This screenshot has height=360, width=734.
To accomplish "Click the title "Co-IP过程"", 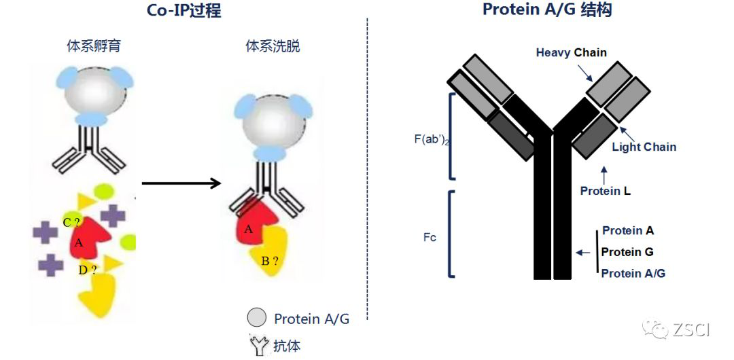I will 183,10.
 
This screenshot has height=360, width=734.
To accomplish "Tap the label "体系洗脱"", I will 273,47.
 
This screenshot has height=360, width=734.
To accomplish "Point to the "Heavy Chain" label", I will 571,52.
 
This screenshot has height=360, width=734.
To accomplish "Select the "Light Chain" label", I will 644,147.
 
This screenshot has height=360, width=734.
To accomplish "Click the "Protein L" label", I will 605,191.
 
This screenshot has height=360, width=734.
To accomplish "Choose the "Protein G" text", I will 627,252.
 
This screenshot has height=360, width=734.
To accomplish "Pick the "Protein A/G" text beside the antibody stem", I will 633,273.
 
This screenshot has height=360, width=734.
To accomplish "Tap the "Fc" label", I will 430,238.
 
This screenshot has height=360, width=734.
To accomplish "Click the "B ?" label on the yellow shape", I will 269,259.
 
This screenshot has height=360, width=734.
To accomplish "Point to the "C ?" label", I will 71,222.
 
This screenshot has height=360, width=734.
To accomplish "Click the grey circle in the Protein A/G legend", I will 256,318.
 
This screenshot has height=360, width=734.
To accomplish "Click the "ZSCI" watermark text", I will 691,331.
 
